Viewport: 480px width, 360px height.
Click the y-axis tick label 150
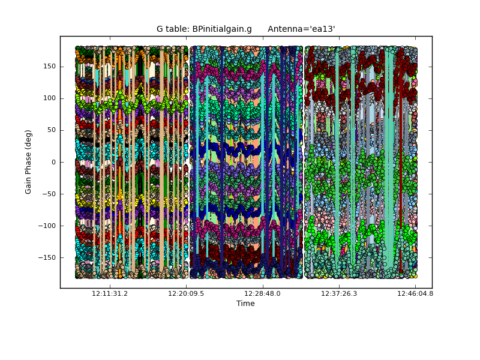click(49, 67)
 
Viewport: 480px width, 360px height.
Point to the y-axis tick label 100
click(49, 98)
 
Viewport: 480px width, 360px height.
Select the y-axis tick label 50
click(51, 130)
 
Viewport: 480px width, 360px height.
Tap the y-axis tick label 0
click(53, 162)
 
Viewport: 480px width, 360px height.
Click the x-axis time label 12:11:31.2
click(109, 294)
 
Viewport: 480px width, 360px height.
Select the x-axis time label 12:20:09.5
click(186, 294)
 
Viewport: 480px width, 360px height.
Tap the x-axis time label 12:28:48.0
click(263, 294)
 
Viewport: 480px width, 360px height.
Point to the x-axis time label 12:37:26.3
click(340, 294)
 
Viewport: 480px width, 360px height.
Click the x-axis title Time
click(245, 304)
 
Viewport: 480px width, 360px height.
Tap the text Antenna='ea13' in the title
click(301, 29)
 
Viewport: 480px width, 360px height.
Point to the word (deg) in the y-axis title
click(28, 139)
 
